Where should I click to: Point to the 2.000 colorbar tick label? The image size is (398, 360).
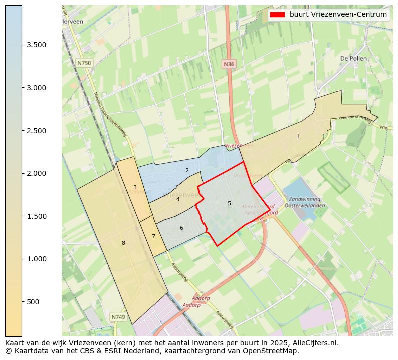(37, 173)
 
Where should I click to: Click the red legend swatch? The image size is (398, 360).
(277, 15)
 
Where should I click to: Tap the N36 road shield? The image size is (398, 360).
(229, 64)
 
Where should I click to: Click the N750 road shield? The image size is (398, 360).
(84, 63)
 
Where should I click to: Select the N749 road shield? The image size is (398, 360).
(118, 317)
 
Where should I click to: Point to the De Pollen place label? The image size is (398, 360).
(353, 58)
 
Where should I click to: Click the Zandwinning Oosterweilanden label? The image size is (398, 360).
(305, 202)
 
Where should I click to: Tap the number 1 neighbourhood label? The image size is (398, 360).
(298, 136)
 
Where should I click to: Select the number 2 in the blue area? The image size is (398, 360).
(187, 170)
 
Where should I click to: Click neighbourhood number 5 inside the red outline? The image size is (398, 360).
(229, 203)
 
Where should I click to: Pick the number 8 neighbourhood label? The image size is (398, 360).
(123, 243)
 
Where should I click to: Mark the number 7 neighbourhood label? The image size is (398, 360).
(153, 236)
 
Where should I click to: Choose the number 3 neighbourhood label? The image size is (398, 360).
(135, 187)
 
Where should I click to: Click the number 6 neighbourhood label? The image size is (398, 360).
(181, 228)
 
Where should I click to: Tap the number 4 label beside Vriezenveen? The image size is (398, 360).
(178, 199)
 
